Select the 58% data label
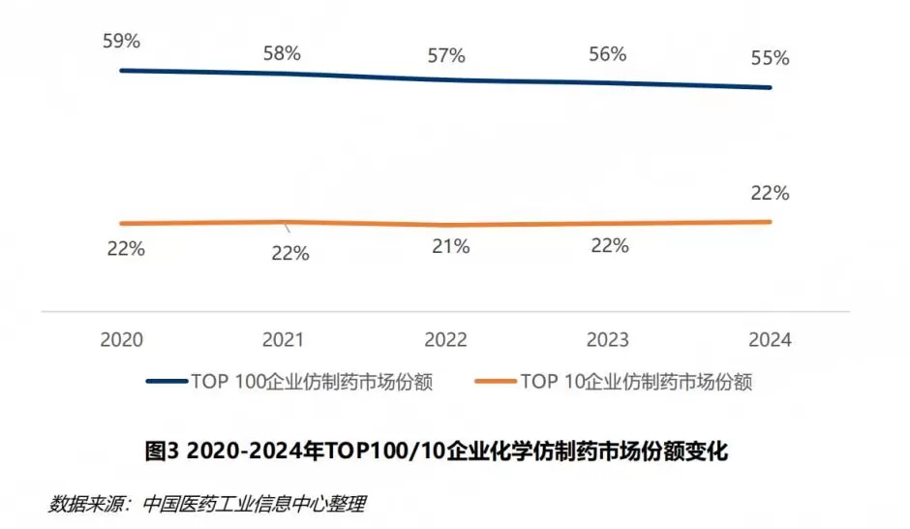click(282, 53)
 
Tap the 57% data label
click(446, 54)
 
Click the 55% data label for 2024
click(771, 58)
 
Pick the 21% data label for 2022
click(450, 247)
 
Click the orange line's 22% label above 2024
click(771, 193)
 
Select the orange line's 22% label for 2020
click(126, 248)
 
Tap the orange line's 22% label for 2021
click(289, 254)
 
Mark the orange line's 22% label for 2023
click(610, 246)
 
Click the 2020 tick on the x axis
click(122, 340)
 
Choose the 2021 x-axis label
click(283, 340)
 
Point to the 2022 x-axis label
click(445, 340)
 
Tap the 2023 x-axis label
click(607, 340)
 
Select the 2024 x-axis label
click(770, 340)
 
